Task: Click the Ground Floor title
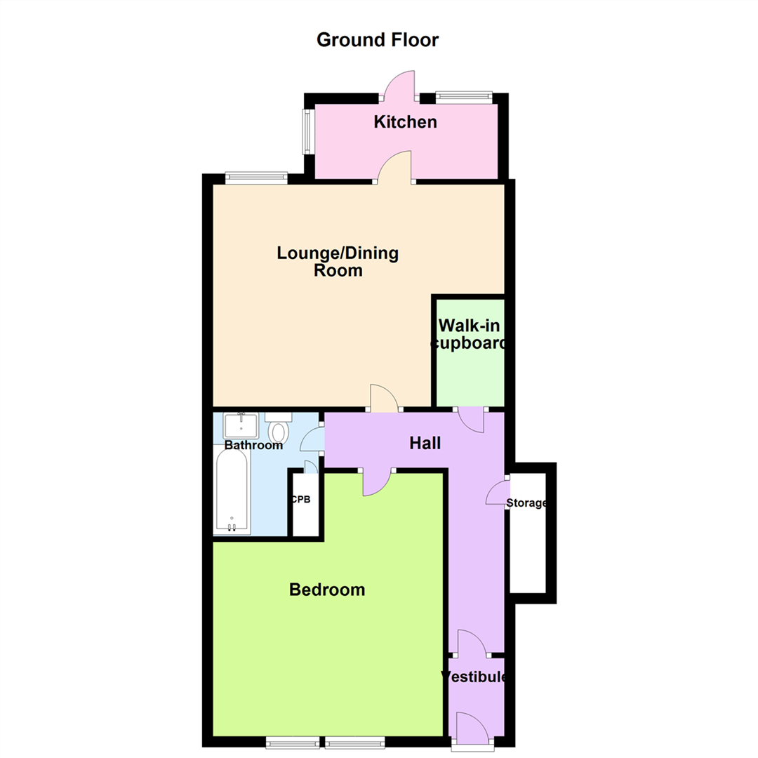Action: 378,39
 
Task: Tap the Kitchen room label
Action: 405,122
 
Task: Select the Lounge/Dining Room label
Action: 338,262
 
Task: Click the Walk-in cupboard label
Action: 469,334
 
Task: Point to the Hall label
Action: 425,444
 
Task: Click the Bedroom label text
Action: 327,590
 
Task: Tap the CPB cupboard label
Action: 300,500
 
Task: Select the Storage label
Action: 526,503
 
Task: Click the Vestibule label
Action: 474,677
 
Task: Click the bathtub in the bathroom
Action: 232,490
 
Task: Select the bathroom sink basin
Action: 241,425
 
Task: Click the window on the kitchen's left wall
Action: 307,131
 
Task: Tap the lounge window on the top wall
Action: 256,178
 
